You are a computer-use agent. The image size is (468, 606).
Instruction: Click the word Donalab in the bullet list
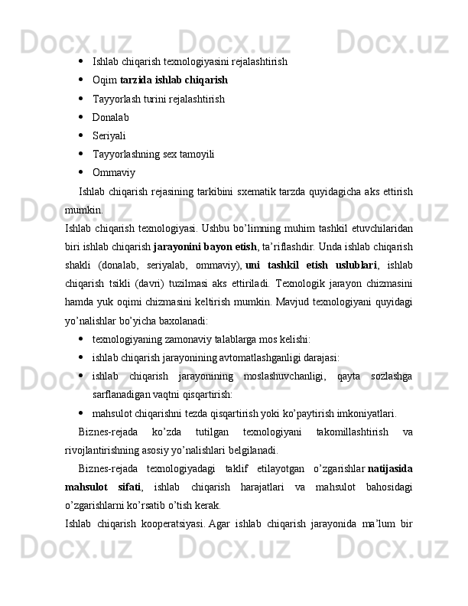110,118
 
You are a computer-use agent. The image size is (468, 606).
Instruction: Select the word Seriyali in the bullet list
109,136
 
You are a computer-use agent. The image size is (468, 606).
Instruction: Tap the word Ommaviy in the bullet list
113,172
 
